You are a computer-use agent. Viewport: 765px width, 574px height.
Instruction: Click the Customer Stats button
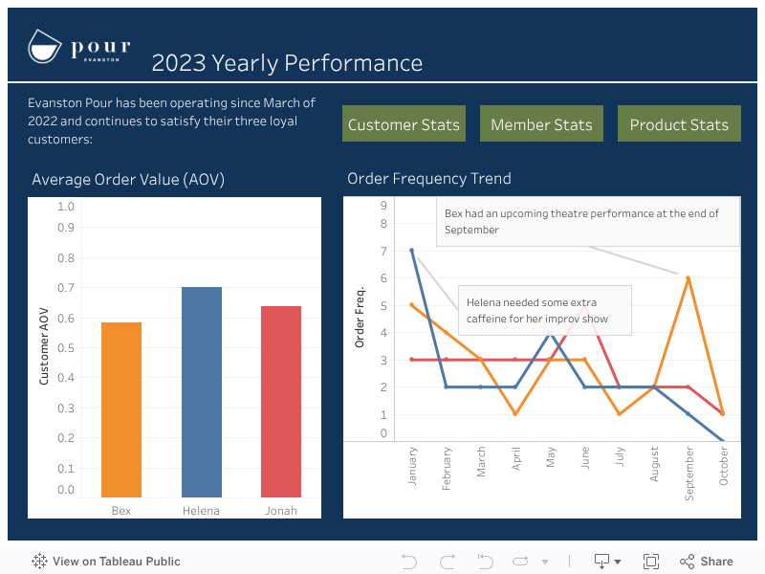pos(404,124)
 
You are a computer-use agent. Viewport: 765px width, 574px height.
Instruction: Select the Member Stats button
pos(541,124)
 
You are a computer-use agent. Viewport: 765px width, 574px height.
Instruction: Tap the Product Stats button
pos(679,124)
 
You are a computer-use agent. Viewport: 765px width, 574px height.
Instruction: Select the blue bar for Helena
pos(202,392)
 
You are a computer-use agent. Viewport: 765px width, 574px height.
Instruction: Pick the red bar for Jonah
pos(281,402)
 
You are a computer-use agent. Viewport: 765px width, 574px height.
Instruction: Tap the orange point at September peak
pos(688,277)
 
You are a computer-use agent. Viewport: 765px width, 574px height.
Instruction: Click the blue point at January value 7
pos(412,251)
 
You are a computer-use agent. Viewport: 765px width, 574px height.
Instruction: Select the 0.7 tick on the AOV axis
pos(65,288)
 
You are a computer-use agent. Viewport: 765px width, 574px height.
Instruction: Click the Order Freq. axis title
pos(361,316)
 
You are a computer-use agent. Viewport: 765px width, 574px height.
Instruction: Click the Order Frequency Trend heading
pos(429,179)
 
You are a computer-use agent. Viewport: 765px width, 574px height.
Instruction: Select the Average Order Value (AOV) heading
pos(128,179)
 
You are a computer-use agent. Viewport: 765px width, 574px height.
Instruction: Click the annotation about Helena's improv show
pos(544,310)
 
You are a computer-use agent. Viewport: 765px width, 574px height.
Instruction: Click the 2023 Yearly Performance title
pos(287,63)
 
